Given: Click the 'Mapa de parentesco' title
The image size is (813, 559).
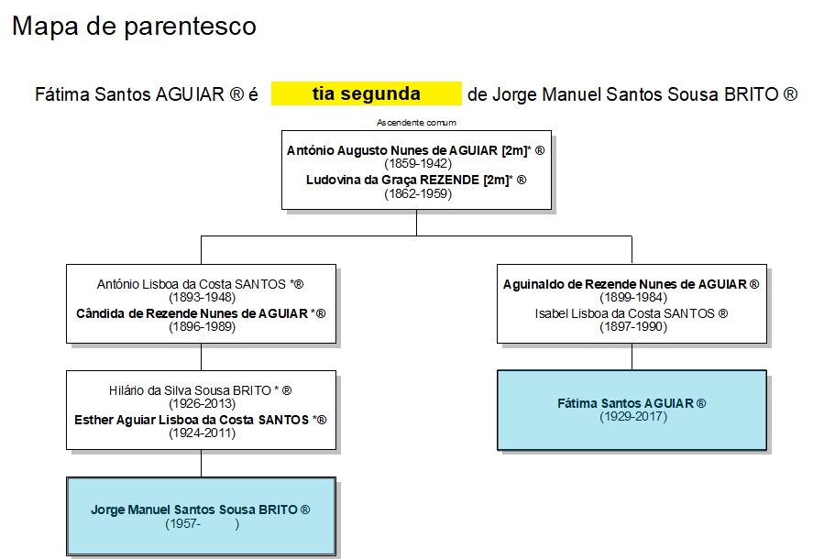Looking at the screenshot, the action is coord(134,27).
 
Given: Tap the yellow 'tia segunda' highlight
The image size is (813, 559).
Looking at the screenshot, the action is coord(366,93).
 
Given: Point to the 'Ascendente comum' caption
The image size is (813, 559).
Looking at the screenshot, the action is coord(416,123).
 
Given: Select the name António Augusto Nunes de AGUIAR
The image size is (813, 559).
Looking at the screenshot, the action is coord(392,150).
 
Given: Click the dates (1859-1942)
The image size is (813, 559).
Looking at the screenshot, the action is coord(418,164).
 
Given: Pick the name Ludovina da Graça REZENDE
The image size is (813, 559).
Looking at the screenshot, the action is coord(392,180).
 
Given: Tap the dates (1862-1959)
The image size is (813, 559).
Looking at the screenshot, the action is coord(418,193).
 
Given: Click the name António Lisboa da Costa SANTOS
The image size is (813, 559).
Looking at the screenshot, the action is coord(192,284).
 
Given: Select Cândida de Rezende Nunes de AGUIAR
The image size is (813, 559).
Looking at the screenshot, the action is coord(192,313).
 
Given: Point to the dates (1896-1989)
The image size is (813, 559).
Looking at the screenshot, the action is coord(202,326).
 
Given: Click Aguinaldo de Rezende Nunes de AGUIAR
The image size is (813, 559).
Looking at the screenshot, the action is coord(625,284).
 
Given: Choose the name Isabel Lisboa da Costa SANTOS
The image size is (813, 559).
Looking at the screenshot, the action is coord(625,313).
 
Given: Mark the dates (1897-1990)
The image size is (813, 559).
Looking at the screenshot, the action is coord(633,326).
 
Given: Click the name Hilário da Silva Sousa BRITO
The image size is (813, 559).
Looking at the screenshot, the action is coord(191,390).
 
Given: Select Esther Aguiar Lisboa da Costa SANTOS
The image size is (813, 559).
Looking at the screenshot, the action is coord(192,420).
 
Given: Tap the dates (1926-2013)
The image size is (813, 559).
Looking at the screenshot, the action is coord(202,403).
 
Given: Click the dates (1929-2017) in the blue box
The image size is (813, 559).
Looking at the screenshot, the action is coord(633,416).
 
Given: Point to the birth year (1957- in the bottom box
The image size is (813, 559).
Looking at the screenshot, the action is coord(183,523).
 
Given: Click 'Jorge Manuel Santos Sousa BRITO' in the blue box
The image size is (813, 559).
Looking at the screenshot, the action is coord(194,510).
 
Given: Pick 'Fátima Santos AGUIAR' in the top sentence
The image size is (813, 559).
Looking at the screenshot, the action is coord(129,94).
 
